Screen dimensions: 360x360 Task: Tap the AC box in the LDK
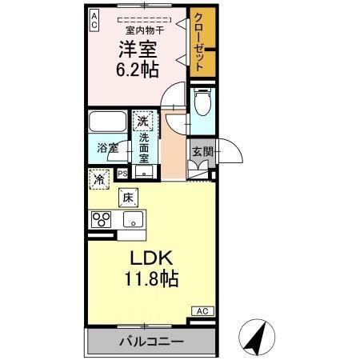pyautogui.click(x=202, y=310)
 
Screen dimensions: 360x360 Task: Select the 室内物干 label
pyautogui.click(x=144, y=30)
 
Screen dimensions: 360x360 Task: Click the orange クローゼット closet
pyautogui.click(x=202, y=44)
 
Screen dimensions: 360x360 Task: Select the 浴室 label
pyautogui.click(x=107, y=148)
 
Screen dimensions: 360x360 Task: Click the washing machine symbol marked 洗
pyautogui.click(x=142, y=122)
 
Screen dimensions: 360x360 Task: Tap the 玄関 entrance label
pyautogui.click(x=201, y=150)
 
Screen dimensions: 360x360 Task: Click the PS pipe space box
pyautogui.click(x=122, y=173)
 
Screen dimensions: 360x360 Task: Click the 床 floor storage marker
pyautogui.click(x=128, y=197)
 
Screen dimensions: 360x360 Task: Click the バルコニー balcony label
pyautogui.click(x=152, y=342)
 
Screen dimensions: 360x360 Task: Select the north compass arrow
pyautogui.click(x=258, y=337)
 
